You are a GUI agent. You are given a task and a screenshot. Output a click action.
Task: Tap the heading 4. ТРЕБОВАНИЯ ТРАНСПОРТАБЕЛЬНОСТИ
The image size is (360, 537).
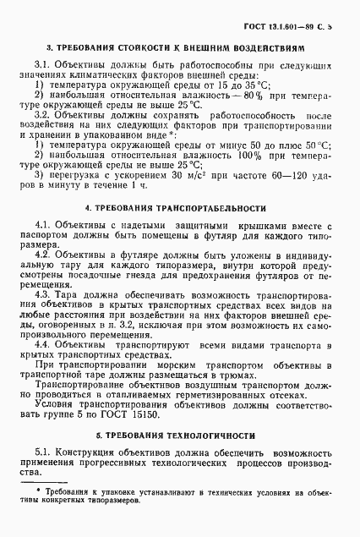182,207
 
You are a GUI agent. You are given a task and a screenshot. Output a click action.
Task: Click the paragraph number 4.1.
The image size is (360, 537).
43,224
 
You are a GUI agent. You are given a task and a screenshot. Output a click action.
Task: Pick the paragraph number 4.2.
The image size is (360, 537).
43,254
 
